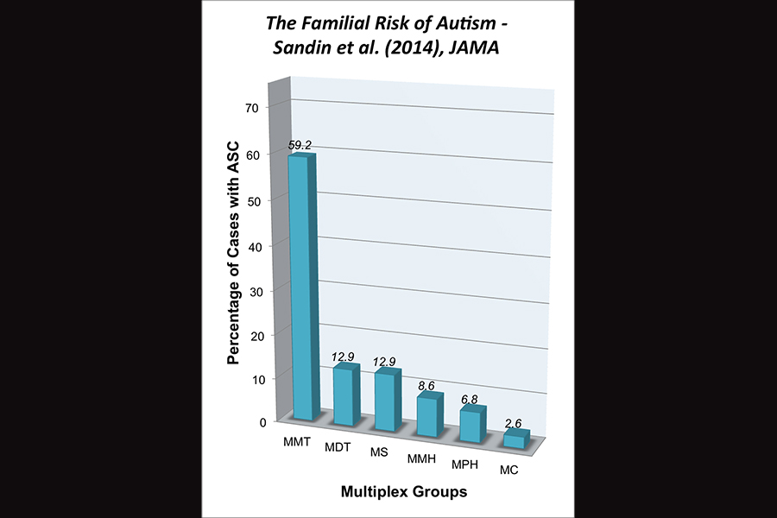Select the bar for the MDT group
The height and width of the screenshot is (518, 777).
pos(344,395)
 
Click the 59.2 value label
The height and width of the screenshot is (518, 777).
pos(300,146)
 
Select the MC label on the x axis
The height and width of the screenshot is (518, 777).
pos(510,471)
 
